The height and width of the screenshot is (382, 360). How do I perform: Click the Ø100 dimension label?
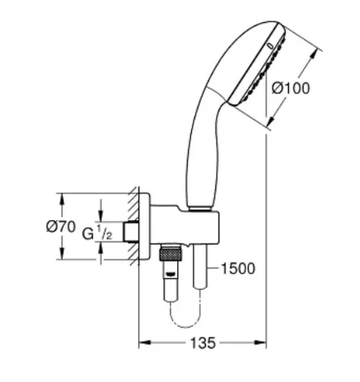pyautogui.click(x=291, y=89)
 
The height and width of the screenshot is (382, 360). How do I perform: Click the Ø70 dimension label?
pyautogui.click(x=61, y=226)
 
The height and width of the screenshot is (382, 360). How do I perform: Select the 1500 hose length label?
pyautogui.click(x=238, y=268)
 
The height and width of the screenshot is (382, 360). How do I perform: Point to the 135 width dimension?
pyautogui.click(x=203, y=343)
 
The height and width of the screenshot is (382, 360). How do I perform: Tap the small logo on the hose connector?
pyautogui.click(x=170, y=274)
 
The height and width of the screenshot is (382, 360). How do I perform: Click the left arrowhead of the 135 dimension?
pyautogui.click(x=144, y=343)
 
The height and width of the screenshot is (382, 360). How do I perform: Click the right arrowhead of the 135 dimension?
pyautogui.click(x=260, y=343)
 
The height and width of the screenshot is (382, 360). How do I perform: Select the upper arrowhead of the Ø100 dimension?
pyautogui.click(x=315, y=55)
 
